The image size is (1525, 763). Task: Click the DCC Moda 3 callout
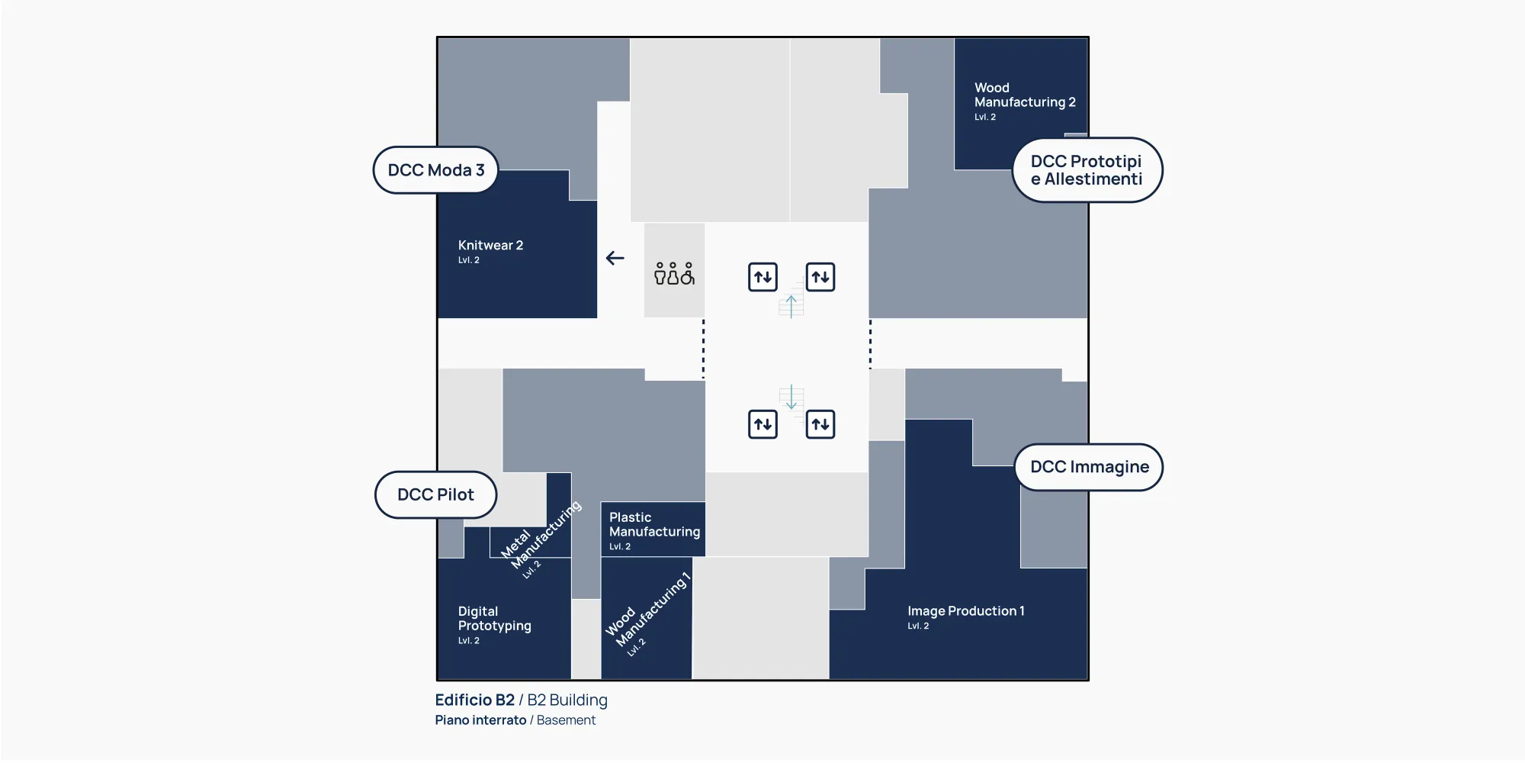point(435,170)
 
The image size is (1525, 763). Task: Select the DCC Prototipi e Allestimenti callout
point(1087,170)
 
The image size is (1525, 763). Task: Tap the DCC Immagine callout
point(1089,467)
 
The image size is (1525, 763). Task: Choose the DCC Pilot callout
point(435,494)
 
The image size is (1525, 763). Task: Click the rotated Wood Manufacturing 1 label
point(647,613)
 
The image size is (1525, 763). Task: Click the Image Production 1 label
point(965,611)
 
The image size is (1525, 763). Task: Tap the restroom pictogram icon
point(674,273)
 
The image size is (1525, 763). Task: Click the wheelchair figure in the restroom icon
point(688,273)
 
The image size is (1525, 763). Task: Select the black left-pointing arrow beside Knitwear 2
point(615,259)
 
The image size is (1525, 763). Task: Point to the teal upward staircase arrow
point(791,306)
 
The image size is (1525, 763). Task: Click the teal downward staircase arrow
point(791,397)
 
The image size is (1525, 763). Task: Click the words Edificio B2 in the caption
point(474,700)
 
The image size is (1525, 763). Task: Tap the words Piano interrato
point(480,720)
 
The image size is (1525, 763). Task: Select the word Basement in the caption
point(566,720)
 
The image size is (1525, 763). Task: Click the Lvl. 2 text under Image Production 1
point(918,626)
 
